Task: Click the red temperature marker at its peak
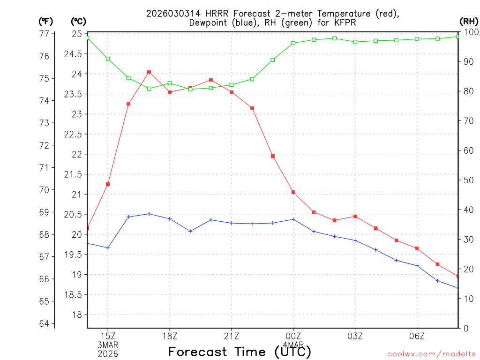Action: click(149, 72)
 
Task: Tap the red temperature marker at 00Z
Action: click(293, 192)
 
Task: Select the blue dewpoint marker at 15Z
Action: click(108, 247)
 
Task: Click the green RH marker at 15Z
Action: click(108, 59)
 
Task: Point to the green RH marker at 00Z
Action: click(293, 43)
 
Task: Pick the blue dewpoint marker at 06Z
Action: click(417, 266)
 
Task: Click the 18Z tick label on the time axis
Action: click(170, 336)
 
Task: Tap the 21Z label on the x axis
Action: click(232, 336)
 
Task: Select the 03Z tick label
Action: click(355, 336)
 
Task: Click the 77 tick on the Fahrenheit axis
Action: click(44, 34)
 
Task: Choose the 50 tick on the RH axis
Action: click(467, 180)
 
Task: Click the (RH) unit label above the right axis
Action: click(468, 21)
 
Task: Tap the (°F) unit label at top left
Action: click(45, 21)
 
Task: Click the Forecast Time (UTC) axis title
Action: click(240, 352)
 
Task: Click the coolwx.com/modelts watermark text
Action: click(431, 354)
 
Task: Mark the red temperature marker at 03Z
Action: click(355, 216)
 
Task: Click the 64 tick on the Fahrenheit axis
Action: click(44, 323)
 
